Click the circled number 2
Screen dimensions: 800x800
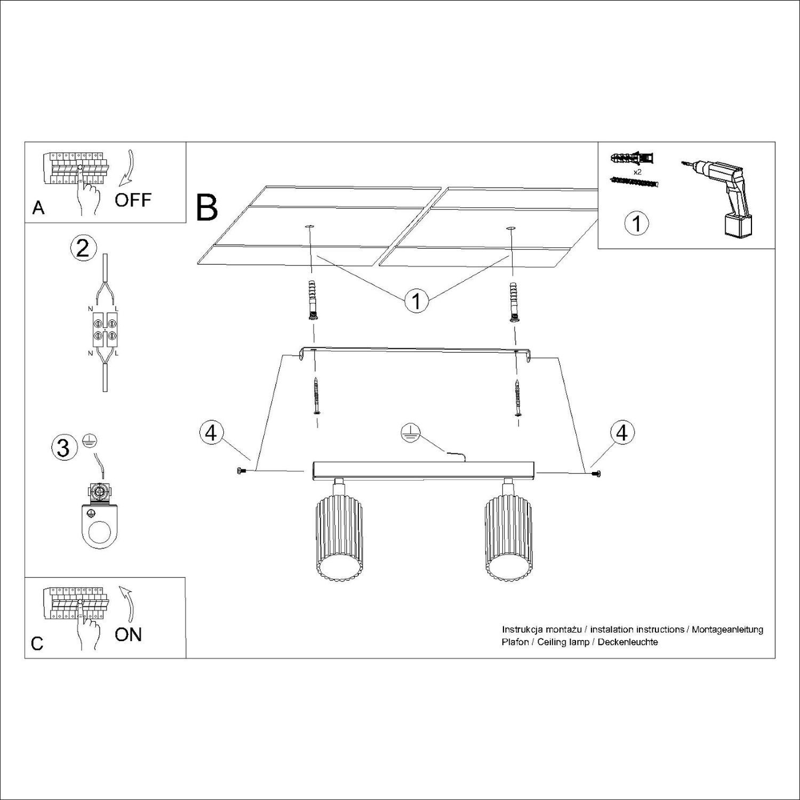(83, 249)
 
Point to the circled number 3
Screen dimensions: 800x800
(63, 447)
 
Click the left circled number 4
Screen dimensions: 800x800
(211, 433)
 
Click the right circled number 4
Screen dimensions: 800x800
(622, 433)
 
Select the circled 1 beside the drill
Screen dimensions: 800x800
(637, 223)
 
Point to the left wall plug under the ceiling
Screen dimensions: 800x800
(311, 301)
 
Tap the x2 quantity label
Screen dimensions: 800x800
(636, 172)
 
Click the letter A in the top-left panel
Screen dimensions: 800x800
(38, 207)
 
